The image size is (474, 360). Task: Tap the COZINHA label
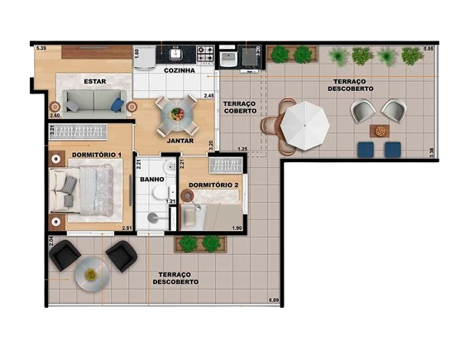[180, 71]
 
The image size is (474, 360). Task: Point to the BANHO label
[151, 179]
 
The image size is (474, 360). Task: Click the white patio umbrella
[304, 123]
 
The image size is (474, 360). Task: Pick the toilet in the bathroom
[154, 218]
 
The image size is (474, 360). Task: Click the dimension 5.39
[41, 50]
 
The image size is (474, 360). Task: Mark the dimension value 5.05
[428, 50]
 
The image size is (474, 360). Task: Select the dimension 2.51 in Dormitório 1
[127, 228]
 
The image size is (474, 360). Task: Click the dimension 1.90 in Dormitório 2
[236, 228]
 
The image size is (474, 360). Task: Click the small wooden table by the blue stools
[379, 131]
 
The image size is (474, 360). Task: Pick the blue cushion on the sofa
[118, 105]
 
